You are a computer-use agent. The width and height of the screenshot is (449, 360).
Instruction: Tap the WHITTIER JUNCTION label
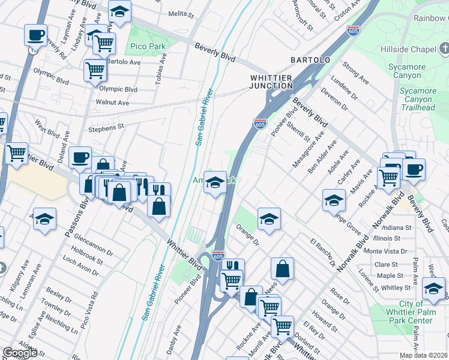click(271, 82)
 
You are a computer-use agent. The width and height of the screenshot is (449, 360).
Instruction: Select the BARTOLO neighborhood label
click(310, 61)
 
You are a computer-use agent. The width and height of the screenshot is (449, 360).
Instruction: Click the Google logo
click(20, 353)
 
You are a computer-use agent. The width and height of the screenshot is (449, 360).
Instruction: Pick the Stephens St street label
click(106, 127)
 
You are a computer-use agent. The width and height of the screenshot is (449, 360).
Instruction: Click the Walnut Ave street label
click(112, 103)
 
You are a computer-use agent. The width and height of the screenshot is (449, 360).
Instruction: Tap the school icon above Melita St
click(120, 11)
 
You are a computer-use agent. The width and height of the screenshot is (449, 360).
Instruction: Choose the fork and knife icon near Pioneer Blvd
click(233, 268)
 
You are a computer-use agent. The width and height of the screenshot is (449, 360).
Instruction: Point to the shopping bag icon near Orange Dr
click(282, 268)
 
